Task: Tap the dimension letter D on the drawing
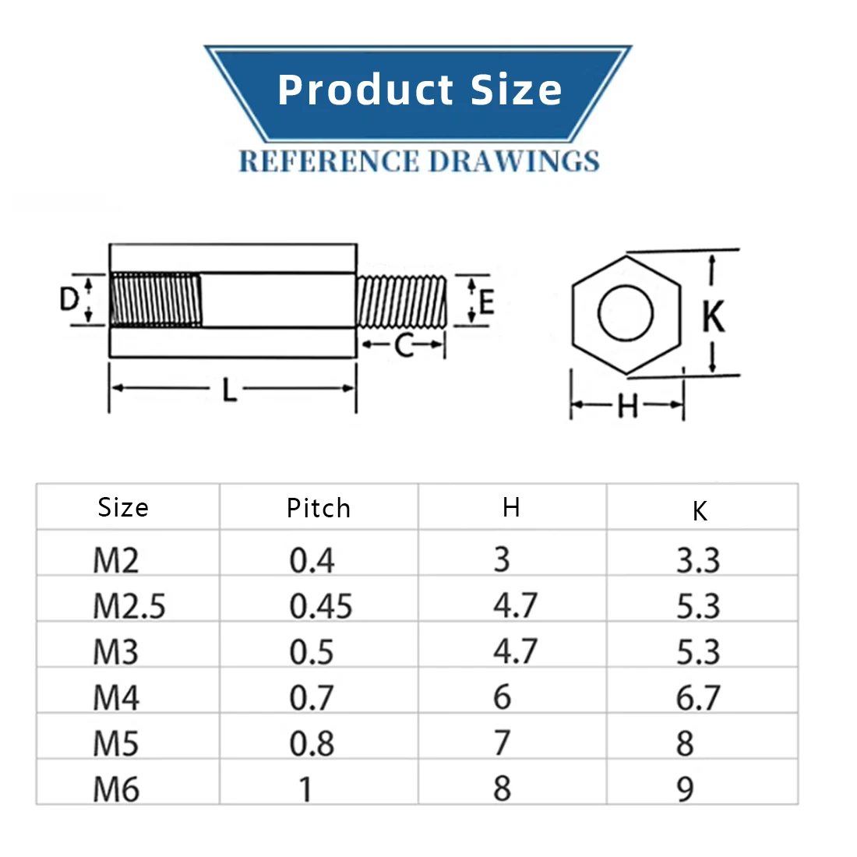point(69,298)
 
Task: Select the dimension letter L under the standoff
point(229,390)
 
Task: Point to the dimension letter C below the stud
point(404,345)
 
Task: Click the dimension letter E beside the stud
point(488,301)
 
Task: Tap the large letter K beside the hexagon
point(714,316)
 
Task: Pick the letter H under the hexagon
point(627,406)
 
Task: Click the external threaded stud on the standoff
point(401,302)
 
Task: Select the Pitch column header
point(319,509)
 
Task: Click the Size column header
point(123,508)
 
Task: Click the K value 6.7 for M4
point(698,698)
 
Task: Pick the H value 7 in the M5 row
point(503,743)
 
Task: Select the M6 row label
point(116,790)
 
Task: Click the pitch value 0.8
point(312,744)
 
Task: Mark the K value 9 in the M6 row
point(685,790)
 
